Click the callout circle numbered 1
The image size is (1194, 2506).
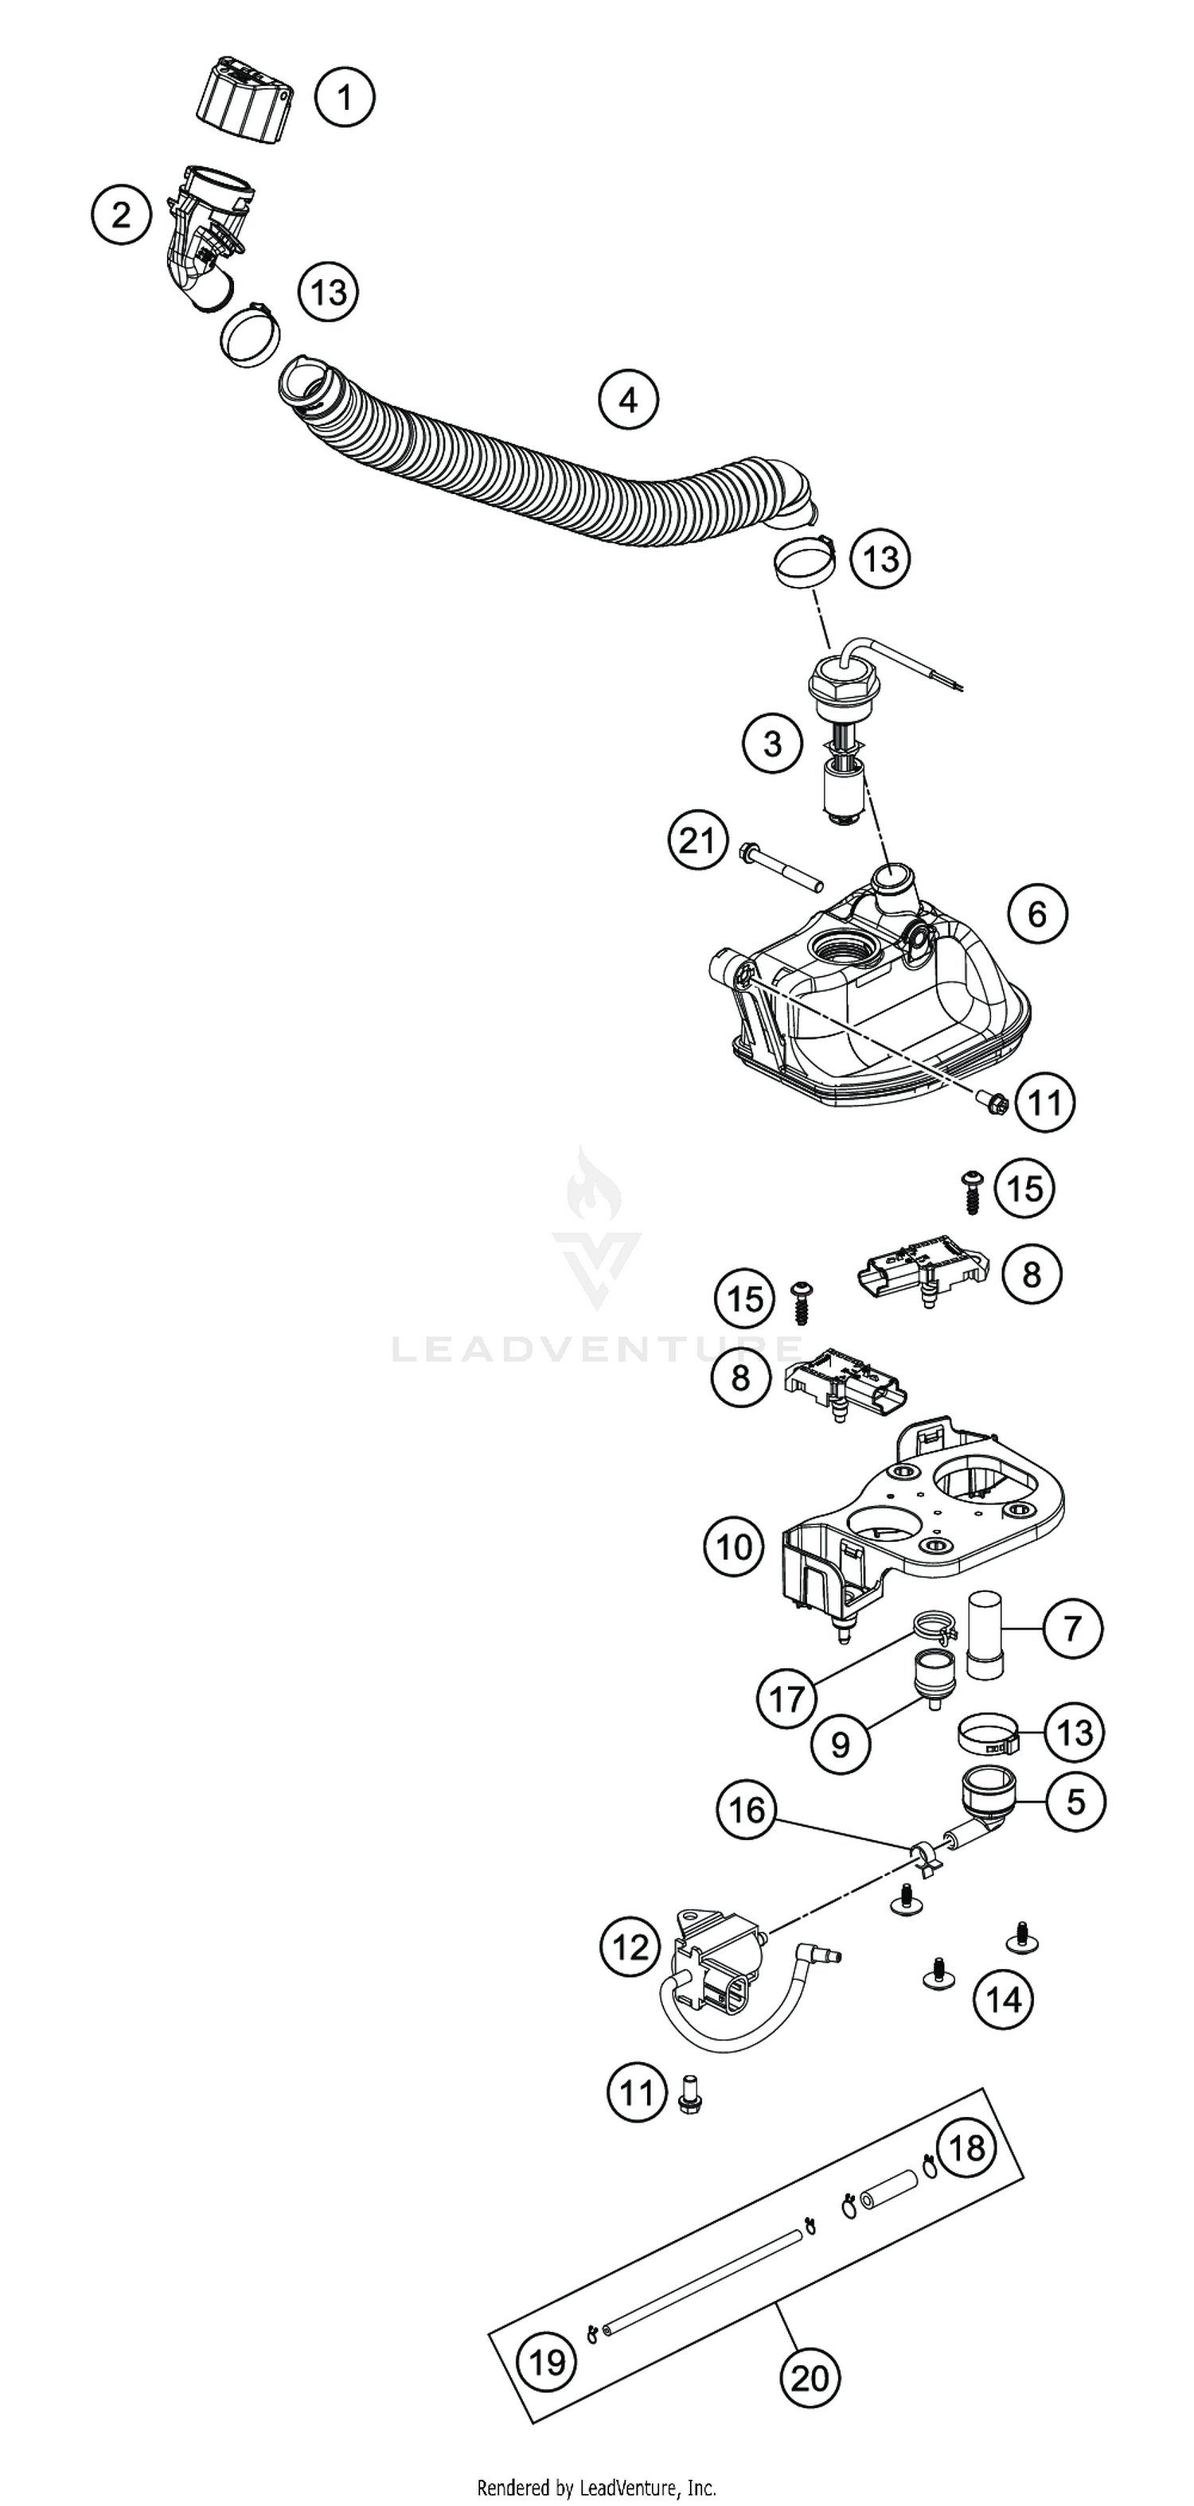tap(345, 97)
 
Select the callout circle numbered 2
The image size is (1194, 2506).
tap(122, 214)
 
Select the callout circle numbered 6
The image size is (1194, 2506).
tap(1037, 913)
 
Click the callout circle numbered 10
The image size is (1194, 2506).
tap(734, 1546)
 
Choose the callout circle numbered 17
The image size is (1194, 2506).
tap(786, 1699)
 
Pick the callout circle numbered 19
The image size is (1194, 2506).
tap(547, 2361)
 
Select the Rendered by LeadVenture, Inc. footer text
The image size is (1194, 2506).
tap(595, 2488)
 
